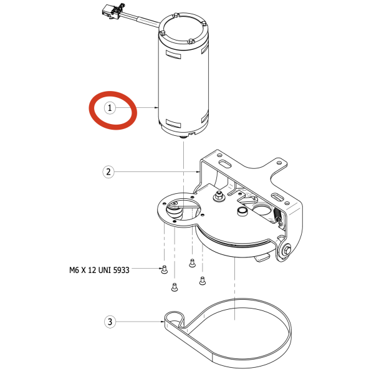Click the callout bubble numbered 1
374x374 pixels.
(110, 108)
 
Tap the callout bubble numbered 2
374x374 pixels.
(108, 172)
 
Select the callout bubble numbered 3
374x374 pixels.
(110, 322)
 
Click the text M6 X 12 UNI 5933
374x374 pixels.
(99, 271)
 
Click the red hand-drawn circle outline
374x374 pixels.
(113, 110)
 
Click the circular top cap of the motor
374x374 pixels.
(184, 29)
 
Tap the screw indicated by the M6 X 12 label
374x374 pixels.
(164, 269)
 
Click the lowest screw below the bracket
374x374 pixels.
(175, 287)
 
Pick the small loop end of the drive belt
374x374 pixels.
(175, 319)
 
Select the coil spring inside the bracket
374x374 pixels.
(277, 214)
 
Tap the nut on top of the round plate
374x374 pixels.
(219, 196)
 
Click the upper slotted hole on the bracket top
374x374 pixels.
(224, 164)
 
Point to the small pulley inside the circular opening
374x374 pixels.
(175, 210)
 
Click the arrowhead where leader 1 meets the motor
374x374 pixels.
(156, 108)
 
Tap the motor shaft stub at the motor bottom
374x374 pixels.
(184, 137)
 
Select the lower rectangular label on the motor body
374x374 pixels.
(173, 123)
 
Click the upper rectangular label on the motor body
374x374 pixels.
(173, 54)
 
